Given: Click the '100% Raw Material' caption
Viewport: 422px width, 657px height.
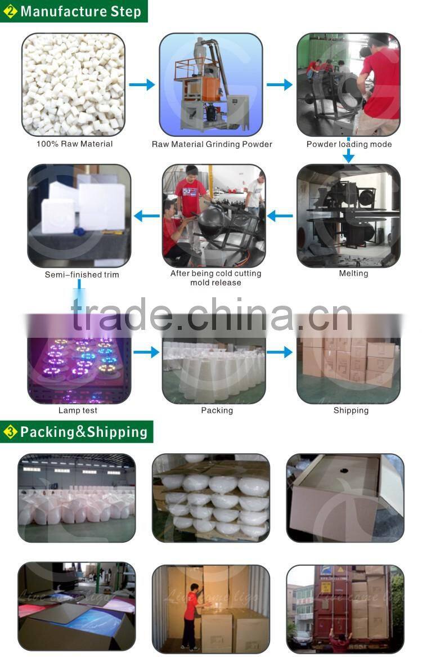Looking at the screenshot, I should point(74,144).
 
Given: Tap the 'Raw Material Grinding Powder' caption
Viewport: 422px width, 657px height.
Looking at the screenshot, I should point(212,144).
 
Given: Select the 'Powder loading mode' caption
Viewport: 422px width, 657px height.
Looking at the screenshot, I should point(349,144).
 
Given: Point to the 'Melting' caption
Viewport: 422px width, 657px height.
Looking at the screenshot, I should point(353,274).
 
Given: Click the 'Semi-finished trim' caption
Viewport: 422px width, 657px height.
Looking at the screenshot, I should point(82,275).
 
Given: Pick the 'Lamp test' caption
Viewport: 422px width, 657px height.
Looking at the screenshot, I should point(78,410).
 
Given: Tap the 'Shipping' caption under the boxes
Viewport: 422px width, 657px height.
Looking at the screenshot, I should point(351,410).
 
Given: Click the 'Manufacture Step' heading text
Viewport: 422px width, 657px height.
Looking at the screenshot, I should point(80,11).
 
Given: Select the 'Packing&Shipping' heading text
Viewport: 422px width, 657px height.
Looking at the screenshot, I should point(84,432).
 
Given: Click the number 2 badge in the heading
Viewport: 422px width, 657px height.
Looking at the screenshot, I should point(10,11).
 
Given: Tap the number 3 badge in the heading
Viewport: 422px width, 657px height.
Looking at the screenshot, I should point(10,432).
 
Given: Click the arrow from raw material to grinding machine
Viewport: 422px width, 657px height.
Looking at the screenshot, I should point(142,84).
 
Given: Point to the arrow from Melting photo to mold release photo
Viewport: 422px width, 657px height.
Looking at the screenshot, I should point(280,215).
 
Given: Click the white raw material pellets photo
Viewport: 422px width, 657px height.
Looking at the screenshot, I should point(73,84).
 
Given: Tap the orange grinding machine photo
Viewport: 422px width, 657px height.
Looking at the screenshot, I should point(210,84).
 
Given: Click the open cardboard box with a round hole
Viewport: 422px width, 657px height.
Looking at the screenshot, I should point(345,498).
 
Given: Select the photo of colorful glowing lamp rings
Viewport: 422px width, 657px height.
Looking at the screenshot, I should point(79,363).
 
